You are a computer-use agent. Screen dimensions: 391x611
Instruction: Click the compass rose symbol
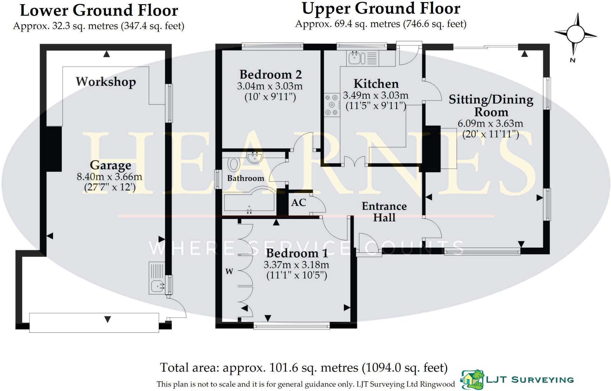pyautogui.click(x=575, y=34)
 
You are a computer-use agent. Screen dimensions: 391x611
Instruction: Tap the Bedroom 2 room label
pyautogui.click(x=270, y=75)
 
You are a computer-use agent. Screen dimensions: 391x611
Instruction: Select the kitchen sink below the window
pyautogui.click(x=355, y=58)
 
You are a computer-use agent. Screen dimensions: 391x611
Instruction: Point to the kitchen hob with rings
pyautogui.click(x=332, y=105)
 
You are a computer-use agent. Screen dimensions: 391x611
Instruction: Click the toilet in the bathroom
pyautogui.click(x=234, y=164)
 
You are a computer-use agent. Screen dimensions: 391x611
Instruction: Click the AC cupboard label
pyautogui.click(x=298, y=203)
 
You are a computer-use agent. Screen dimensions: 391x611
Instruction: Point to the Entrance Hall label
pyautogui.click(x=384, y=212)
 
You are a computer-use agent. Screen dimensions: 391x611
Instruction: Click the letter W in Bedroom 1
pyautogui.click(x=229, y=271)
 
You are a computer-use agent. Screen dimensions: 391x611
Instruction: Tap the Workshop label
pyautogui.click(x=106, y=82)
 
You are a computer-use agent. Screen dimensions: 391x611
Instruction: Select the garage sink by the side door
pyautogui.click(x=157, y=286)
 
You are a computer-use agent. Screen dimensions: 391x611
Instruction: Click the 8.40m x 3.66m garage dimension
pyautogui.click(x=109, y=177)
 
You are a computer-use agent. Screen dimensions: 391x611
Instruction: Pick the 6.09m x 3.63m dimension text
pyautogui.click(x=490, y=123)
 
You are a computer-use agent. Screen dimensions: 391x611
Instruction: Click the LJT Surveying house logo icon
pyautogui.click(x=473, y=379)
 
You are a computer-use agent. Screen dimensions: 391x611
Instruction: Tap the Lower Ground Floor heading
pyautogui.click(x=99, y=11)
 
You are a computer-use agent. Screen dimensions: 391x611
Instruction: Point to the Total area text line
pyautogui.click(x=303, y=367)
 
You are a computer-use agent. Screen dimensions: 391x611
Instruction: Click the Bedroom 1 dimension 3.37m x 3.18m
pyautogui.click(x=296, y=265)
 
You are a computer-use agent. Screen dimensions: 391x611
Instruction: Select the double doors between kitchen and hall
pyautogui.click(x=354, y=162)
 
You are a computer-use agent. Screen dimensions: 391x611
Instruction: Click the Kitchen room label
pyautogui.click(x=376, y=84)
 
